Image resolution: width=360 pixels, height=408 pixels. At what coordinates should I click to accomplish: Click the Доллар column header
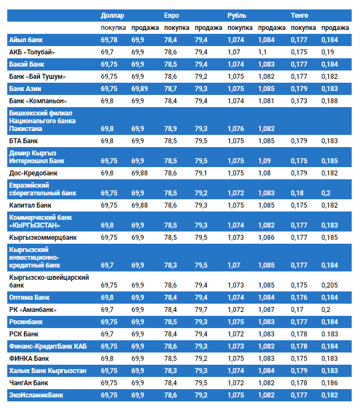[x=113, y=15]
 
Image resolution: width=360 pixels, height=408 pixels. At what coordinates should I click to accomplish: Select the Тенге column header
[x=299, y=15]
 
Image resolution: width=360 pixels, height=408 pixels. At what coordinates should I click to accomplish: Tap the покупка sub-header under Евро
[x=177, y=28]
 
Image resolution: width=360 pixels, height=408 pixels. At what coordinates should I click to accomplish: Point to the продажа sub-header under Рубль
[x=272, y=28]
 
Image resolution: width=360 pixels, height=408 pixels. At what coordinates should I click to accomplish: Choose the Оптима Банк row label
[x=31, y=298]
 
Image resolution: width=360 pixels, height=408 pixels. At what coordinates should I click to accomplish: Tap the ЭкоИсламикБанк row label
[x=36, y=395]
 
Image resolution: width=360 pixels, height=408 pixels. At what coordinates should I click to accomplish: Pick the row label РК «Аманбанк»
[x=33, y=310]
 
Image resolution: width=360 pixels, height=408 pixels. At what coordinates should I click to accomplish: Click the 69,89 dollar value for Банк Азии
[x=140, y=89]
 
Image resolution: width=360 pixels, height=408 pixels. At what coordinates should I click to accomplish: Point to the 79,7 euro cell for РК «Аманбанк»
[x=201, y=310]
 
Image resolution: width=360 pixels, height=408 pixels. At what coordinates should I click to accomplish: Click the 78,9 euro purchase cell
[x=171, y=129]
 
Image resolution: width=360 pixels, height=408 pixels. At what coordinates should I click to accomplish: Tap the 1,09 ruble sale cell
[x=264, y=161]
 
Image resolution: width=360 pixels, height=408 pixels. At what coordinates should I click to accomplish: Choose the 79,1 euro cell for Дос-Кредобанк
[x=201, y=173]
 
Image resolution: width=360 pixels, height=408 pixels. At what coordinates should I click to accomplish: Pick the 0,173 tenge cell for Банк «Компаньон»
[x=298, y=101]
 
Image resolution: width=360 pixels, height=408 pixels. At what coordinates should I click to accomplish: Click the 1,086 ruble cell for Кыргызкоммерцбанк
[x=266, y=238]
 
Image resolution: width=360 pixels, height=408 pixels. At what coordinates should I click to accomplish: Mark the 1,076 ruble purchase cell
[x=236, y=129]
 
